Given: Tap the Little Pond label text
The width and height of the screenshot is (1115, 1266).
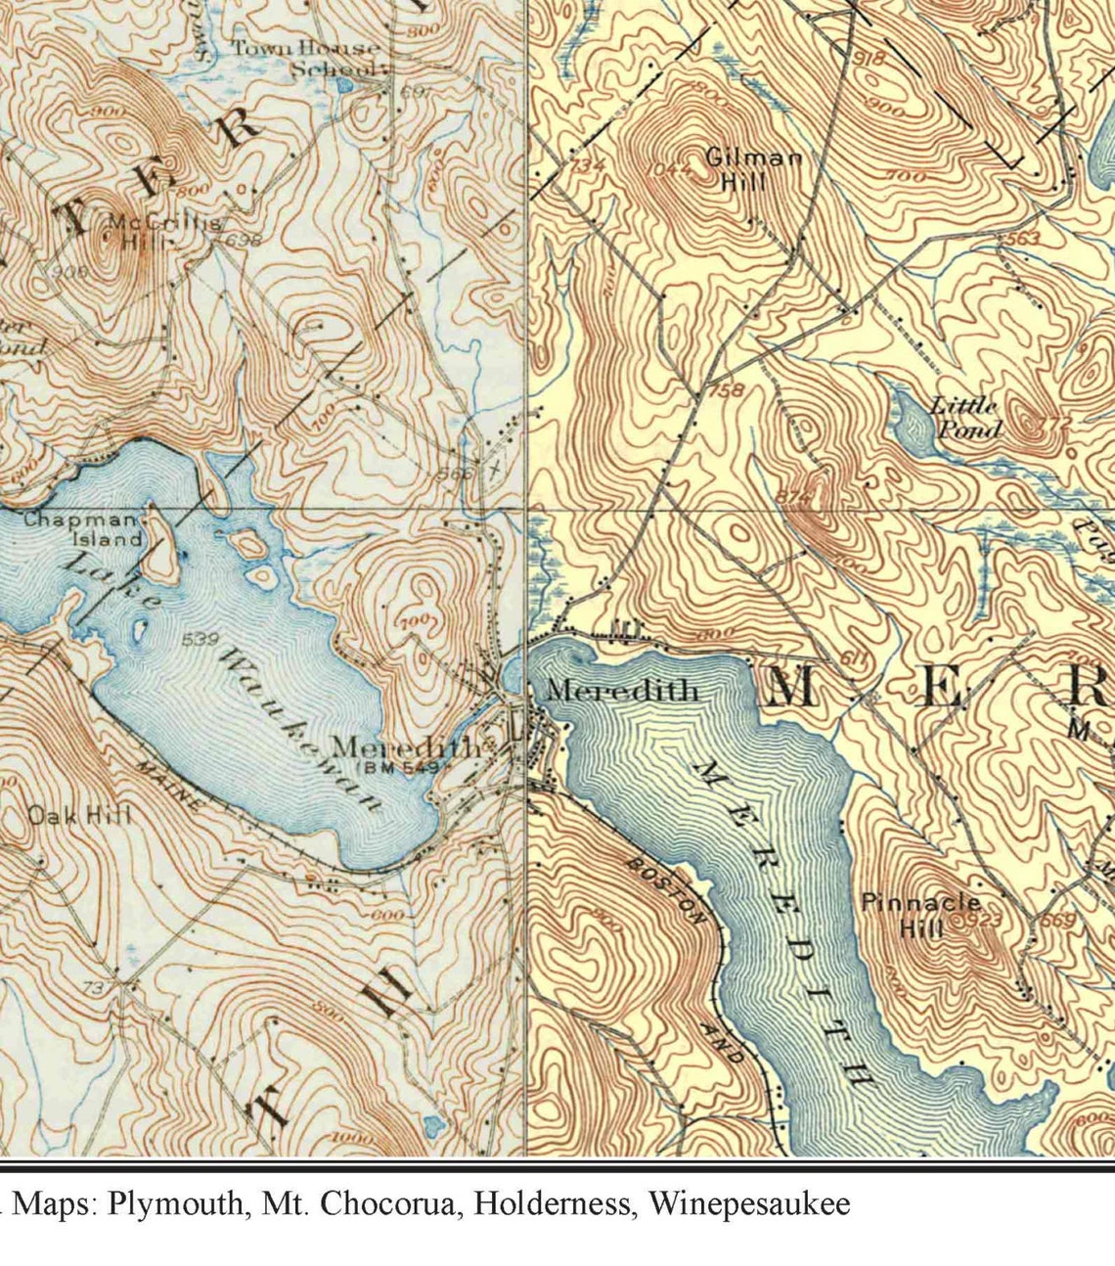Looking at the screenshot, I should pyautogui.click(x=966, y=418).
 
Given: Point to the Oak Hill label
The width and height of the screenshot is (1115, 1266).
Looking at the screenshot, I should pyautogui.click(x=78, y=815).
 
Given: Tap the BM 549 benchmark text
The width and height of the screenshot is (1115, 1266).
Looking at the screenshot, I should pyautogui.click(x=400, y=769).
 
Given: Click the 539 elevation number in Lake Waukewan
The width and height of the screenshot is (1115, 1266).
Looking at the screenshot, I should pyautogui.click(x=200, y=640).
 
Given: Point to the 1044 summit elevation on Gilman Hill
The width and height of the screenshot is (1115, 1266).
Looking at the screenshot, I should pyautogui.click(x=669, y=167).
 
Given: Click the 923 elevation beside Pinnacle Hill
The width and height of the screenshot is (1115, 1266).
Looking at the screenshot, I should pyautogui.click(x=982, y=921).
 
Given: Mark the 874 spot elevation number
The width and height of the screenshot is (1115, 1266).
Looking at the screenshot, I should pyautogui.click(x=794, y=497).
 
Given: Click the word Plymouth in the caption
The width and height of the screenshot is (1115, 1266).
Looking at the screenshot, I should pyautogui.click(x=175, y=1202).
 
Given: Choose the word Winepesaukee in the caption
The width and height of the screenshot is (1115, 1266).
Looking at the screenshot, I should pyautogui.click(x=748, y=1202).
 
